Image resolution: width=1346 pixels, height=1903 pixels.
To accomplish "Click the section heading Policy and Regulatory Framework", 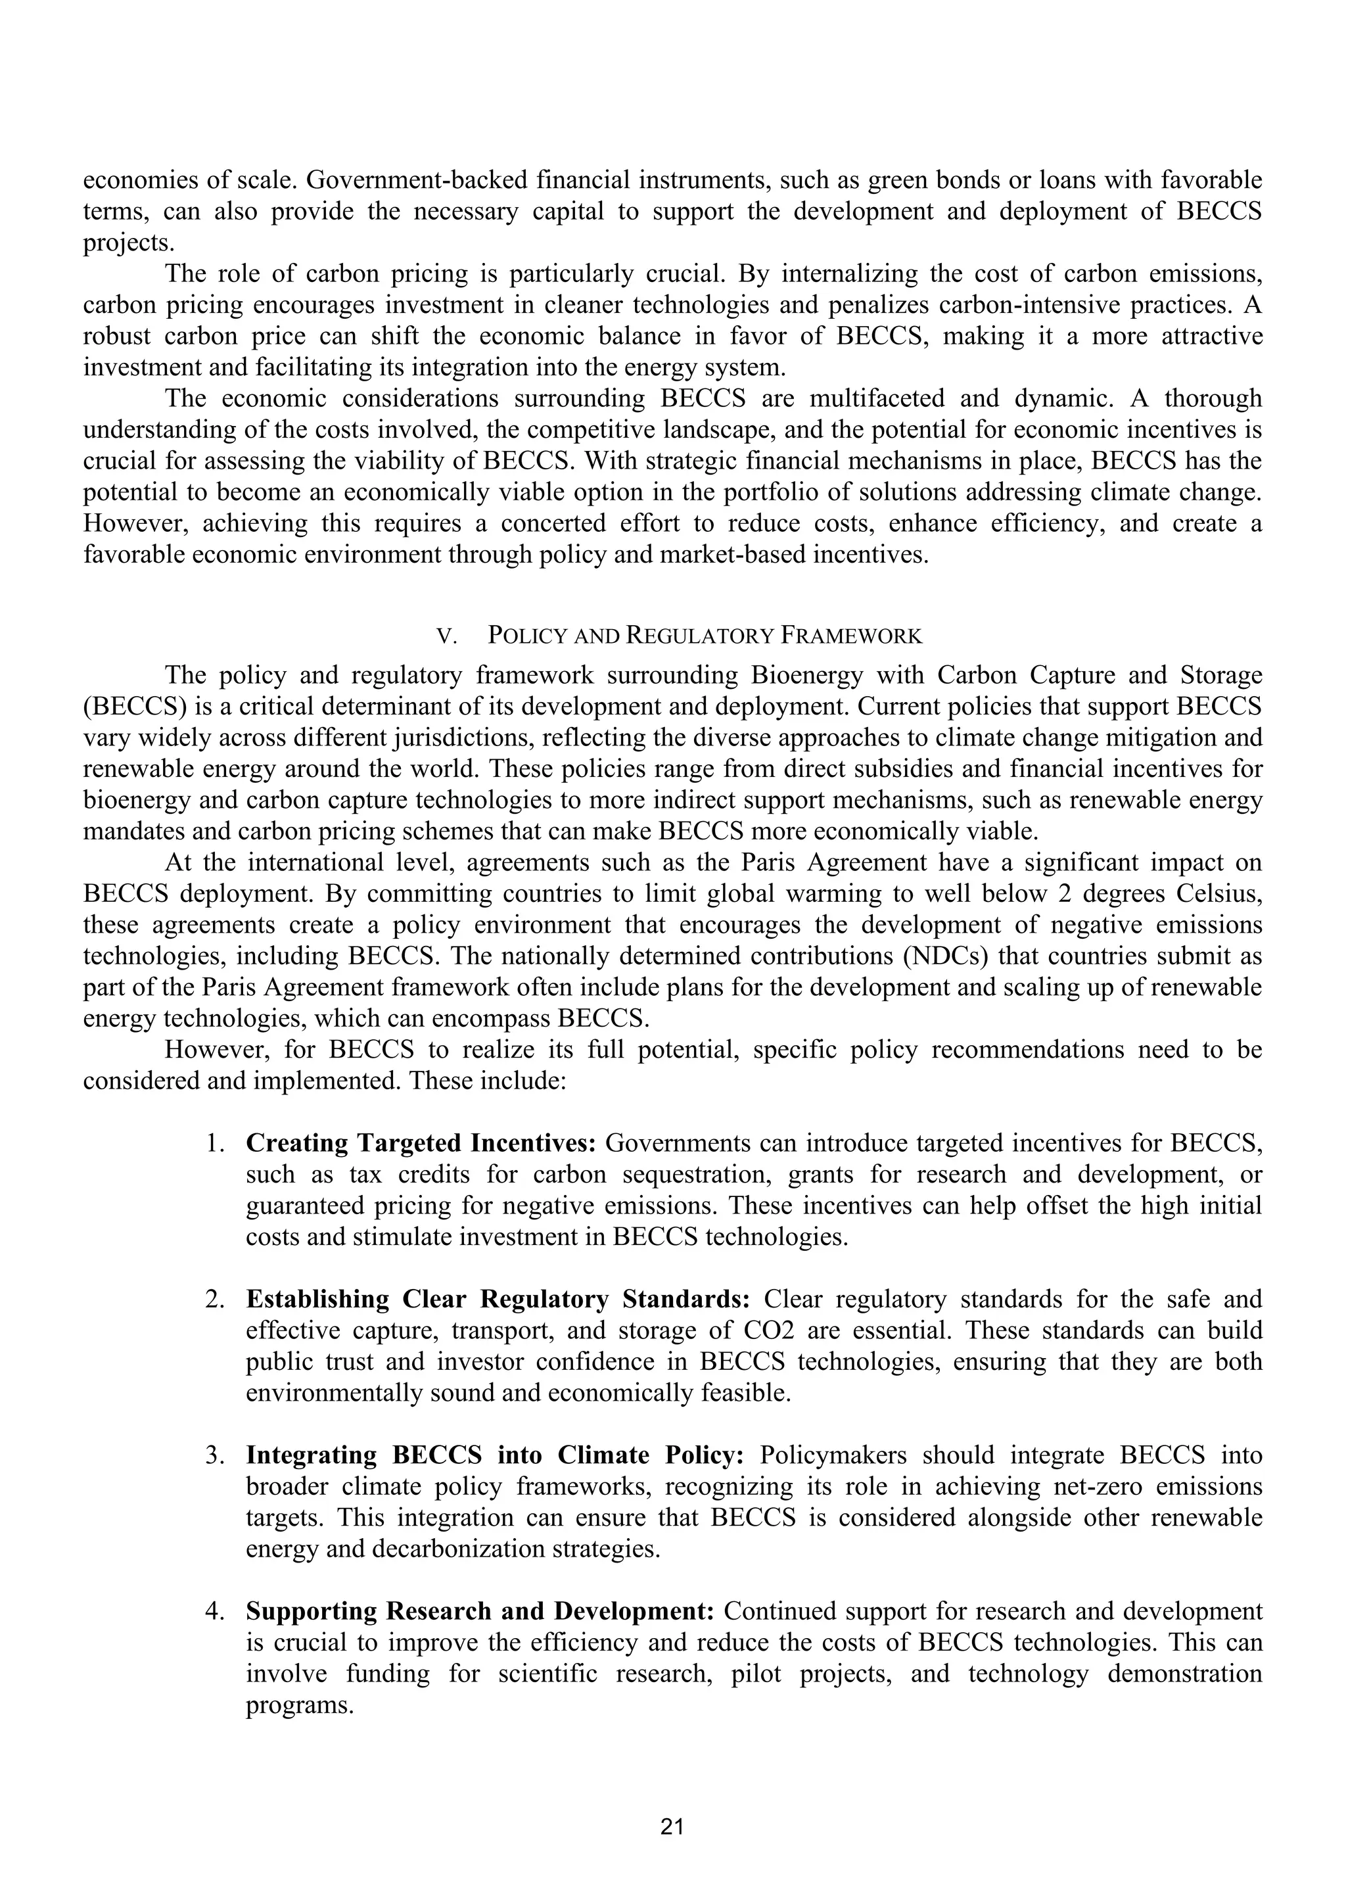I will (x=705, y=636).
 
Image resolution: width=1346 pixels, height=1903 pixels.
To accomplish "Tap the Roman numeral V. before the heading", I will (x=448, y=636).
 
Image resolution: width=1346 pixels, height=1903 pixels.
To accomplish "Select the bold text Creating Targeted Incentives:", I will (x=421, y=1143).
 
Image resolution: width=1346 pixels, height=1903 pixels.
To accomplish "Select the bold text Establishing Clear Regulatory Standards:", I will (x=498, y=1299).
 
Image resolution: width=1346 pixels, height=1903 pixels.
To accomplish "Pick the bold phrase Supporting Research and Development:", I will (x=480, y=1611).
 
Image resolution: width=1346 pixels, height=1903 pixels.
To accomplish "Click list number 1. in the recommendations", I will (x=216, y=1143).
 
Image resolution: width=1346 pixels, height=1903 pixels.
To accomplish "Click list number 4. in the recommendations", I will (x=216, y=1611).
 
